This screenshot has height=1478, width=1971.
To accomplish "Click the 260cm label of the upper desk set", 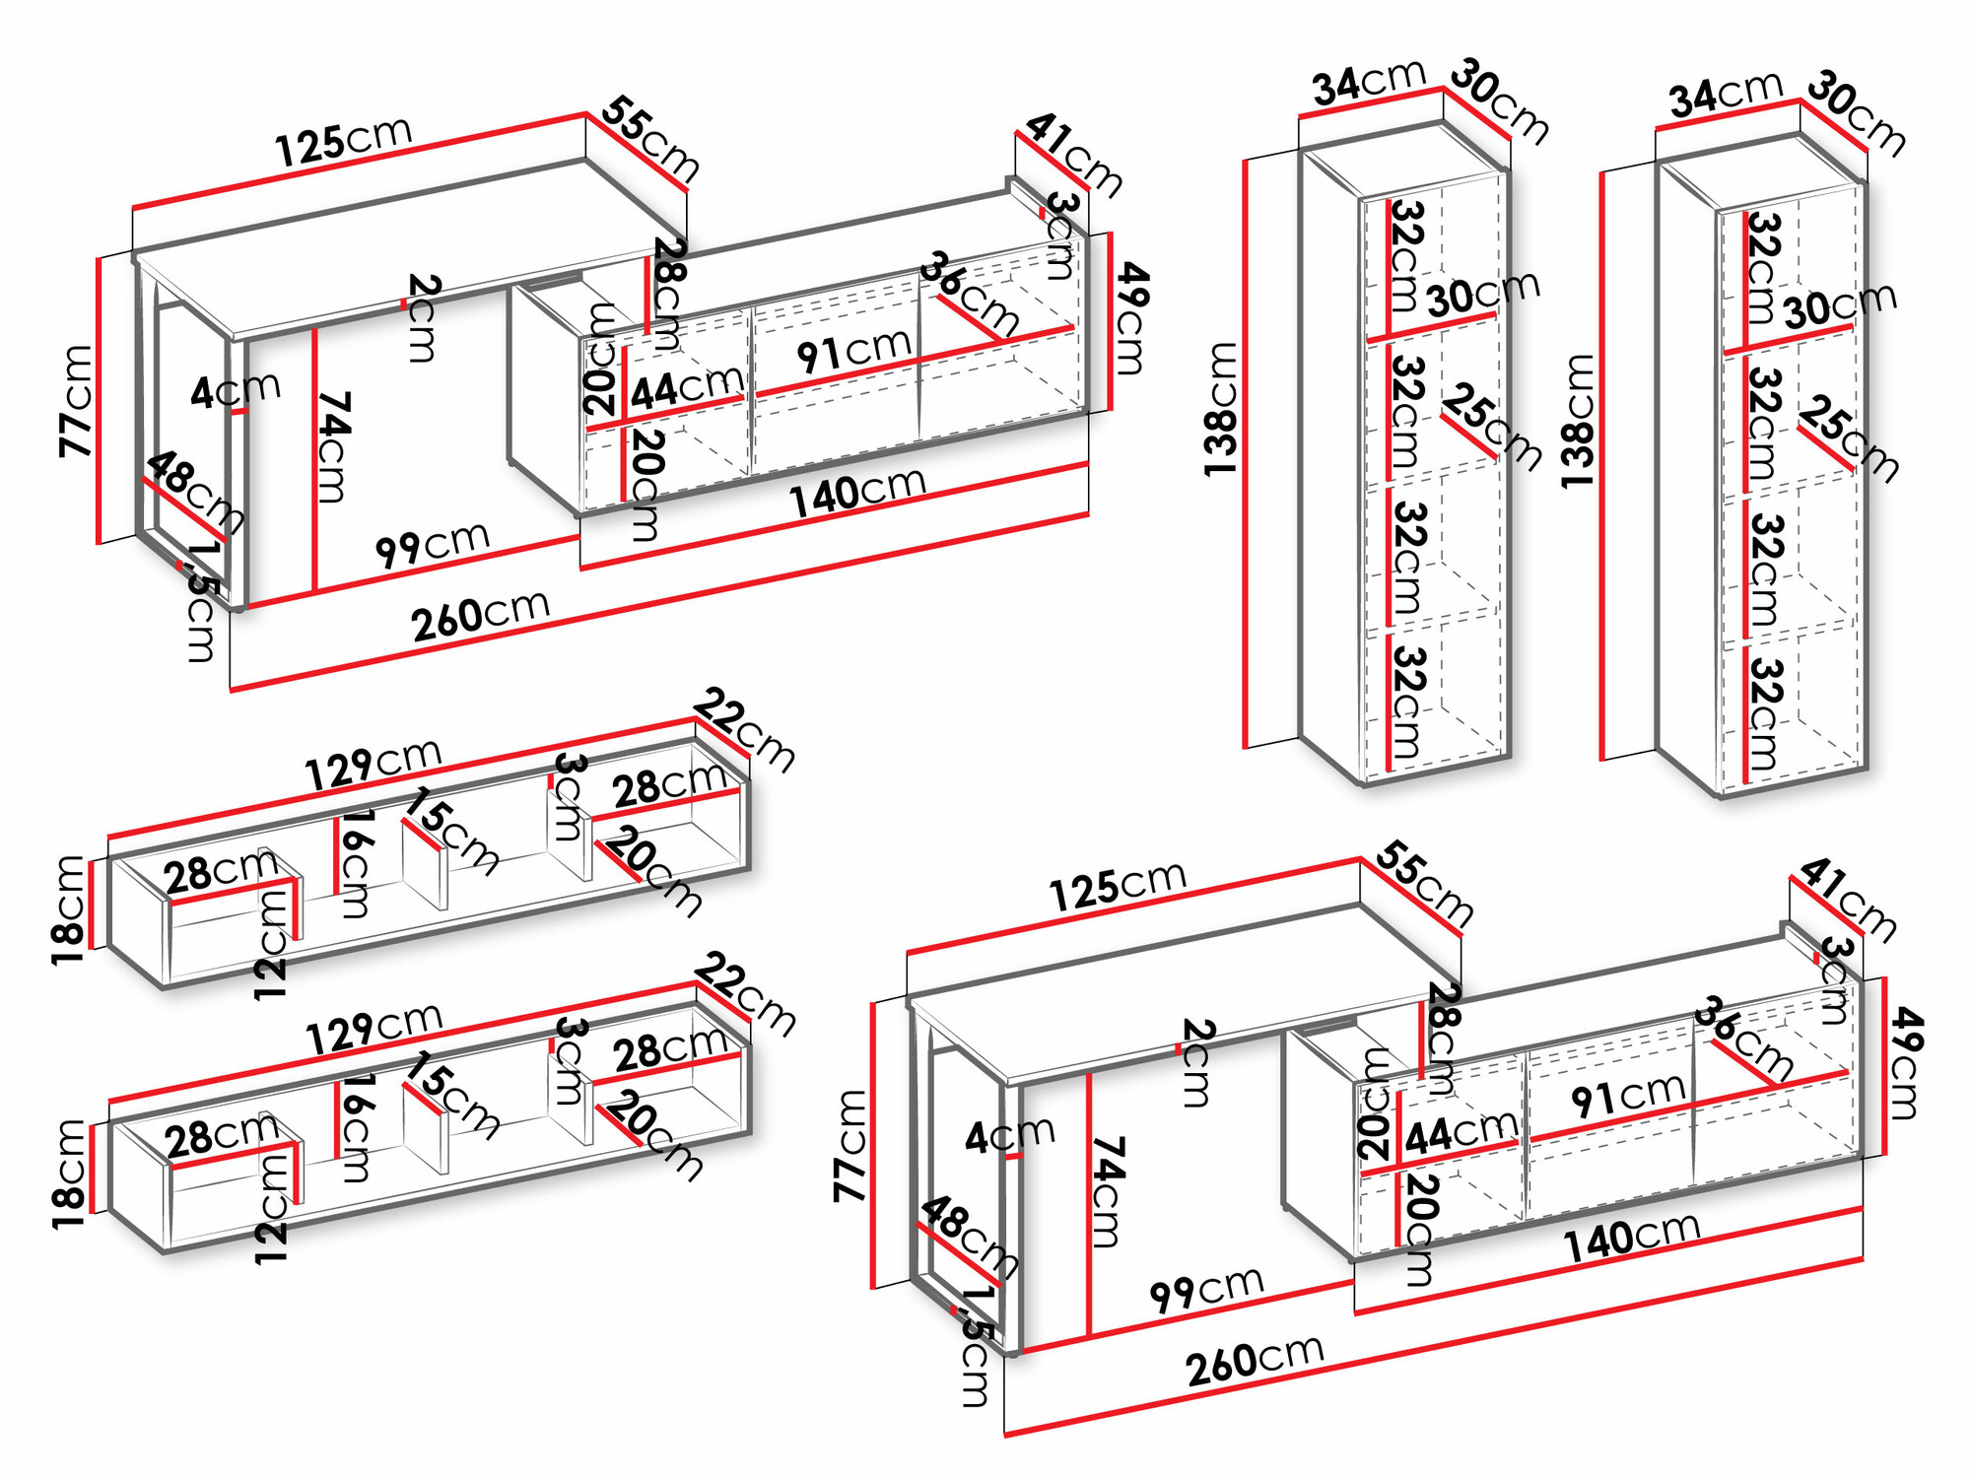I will tap(480, 616).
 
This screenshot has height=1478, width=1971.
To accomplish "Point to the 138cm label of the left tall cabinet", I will tap(1221, 409).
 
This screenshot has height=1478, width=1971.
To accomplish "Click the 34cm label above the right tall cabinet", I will tap(1726, 96).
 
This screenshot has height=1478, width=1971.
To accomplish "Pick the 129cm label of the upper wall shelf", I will tap(373, 764).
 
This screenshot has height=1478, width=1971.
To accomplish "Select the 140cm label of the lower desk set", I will tap(1632, 1237).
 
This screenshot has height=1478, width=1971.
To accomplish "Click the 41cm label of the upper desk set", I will tap(1074, 156).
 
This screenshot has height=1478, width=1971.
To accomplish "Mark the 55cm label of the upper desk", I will tap(650, 139).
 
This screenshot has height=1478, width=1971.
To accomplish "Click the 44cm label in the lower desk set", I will tap(1461, 1132).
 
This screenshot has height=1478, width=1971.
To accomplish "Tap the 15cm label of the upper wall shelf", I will tap(452, 831).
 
